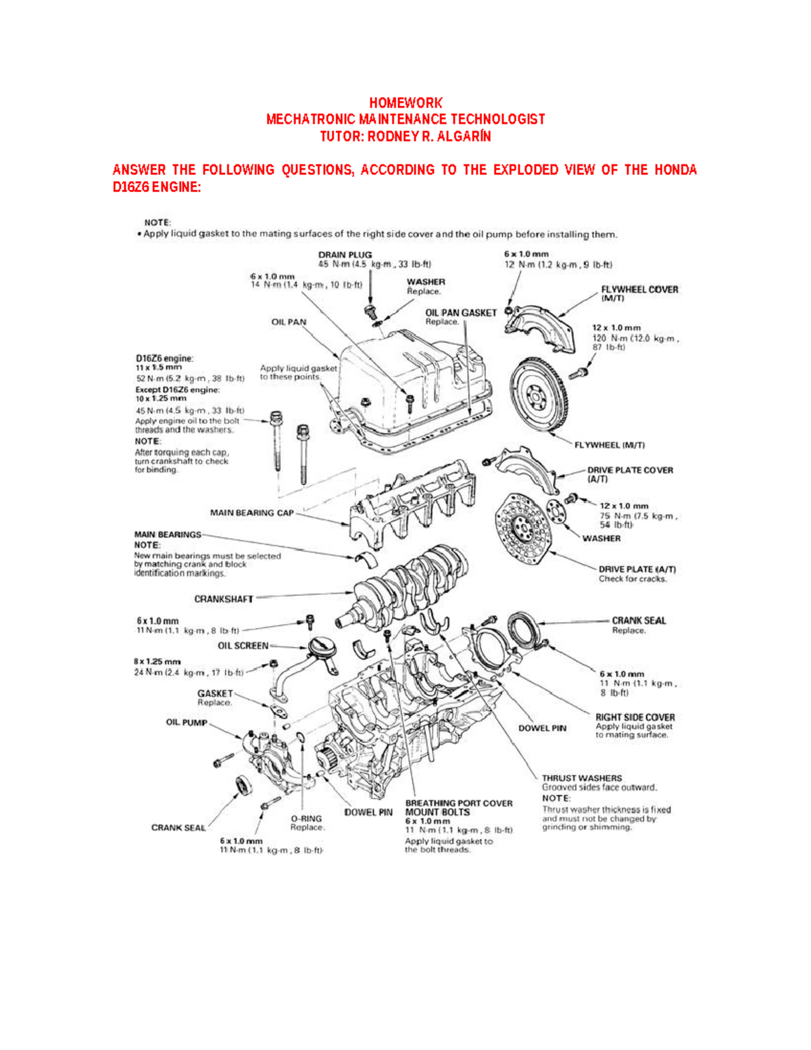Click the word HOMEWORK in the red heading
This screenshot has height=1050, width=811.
tap(405, 103)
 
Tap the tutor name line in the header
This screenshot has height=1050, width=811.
tap(405, 136)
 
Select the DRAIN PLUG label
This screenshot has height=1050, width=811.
tap(345, 255)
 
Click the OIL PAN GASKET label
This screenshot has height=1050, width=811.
tap(460, 312)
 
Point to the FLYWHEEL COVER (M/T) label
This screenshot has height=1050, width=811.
tap(639, 289)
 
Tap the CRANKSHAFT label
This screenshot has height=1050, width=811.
tap(224, 599)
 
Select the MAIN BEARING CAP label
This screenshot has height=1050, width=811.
tap(251, 513)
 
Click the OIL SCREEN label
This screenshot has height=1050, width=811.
tap(243, 646)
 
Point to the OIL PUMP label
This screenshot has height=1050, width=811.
tap(187, 722)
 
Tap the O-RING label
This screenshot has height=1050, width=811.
tap(307, 818)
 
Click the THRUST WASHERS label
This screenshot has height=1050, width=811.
tap(581, 778)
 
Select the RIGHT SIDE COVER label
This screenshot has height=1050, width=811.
tap(635, 717)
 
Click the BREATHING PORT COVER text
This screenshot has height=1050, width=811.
tap(458, 803)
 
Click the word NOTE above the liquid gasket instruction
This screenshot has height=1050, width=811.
tap(157, 222)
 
